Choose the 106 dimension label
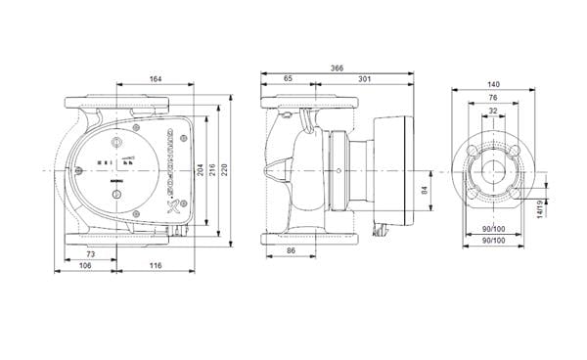pyautogui.click(x=86, y=265)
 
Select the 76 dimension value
pyautogui.click(x=493, y=98)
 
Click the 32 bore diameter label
pyautogui.click(x=493, y=110)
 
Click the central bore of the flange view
pyautogui.click(x=493, y=172)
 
